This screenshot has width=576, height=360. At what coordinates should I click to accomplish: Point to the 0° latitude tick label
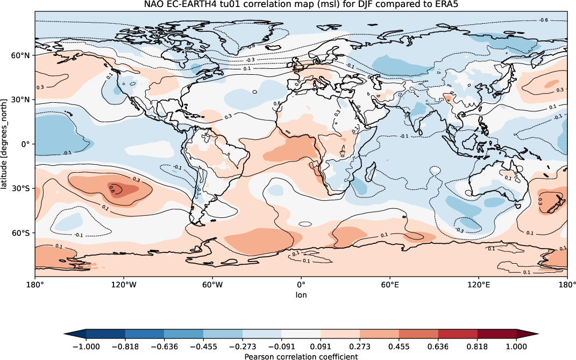pos(26,144)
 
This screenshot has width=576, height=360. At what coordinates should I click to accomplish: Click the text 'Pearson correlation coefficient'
pos(301,356)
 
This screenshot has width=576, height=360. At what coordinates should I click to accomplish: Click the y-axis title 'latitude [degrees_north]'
pos(5,144)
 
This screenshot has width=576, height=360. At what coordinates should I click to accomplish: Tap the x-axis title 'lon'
pos(301,295)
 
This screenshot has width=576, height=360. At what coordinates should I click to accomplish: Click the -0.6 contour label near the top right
pos(544,20)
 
